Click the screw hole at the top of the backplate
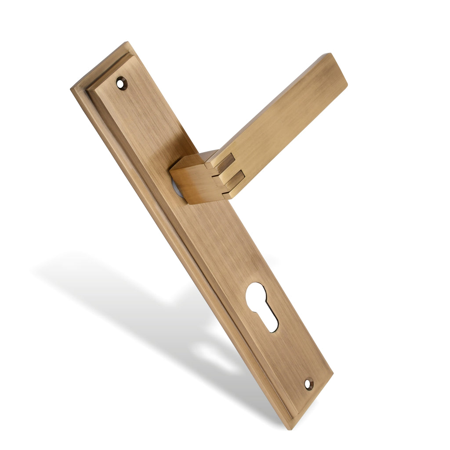121,83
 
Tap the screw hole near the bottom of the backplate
309,384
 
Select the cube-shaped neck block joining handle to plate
193,180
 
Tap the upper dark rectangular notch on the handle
225,164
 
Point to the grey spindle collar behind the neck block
176,188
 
